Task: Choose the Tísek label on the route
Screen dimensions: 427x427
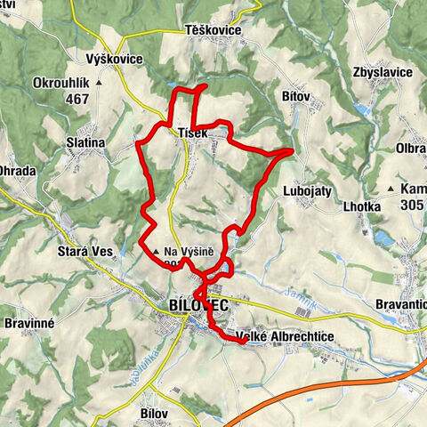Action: [x=192, y=133]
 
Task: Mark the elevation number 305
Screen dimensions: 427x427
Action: [x=413, y=205]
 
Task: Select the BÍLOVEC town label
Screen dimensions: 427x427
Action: [x=197, y=305]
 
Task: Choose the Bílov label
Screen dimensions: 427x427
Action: [x=154, y=390]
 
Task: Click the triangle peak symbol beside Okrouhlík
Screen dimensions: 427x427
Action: [x=99, y=83]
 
